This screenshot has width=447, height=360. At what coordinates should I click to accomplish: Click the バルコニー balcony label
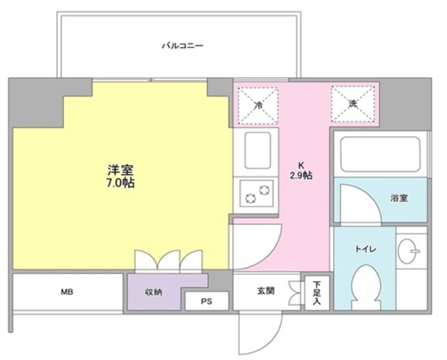point(182,46)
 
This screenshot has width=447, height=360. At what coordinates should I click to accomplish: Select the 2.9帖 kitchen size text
point(302,175)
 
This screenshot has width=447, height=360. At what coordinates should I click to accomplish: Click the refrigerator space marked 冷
point(258,106)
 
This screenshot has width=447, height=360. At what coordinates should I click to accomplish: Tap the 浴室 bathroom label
point(399,198)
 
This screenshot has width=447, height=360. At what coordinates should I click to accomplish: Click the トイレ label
point(365,247)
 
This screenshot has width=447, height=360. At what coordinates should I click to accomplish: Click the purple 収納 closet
point(154,291)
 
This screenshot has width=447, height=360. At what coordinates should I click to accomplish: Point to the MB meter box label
point(67,291)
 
